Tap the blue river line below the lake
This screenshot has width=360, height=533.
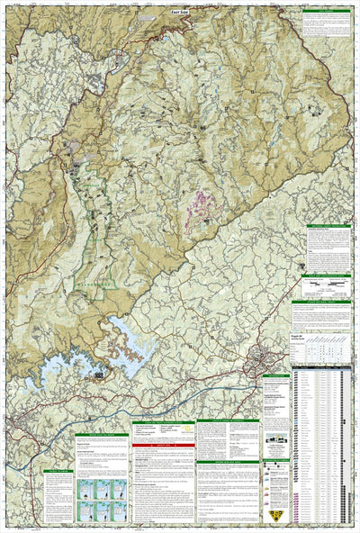coord(135,396)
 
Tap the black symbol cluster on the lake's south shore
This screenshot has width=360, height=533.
coord(94,373)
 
